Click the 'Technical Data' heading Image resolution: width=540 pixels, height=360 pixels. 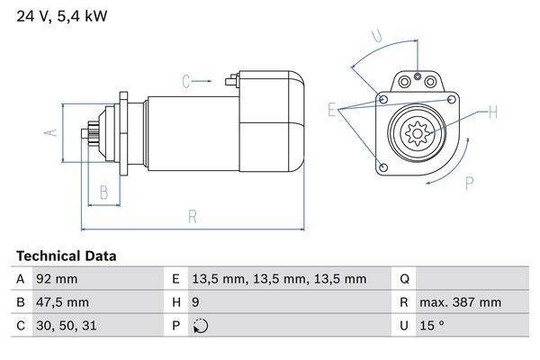click(66, 256)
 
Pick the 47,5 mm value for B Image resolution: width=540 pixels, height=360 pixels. click(61, 302)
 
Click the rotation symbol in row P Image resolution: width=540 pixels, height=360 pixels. click(201, 326)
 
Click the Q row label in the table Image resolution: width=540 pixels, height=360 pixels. click(404, 279)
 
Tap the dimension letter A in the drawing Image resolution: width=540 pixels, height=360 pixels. click(51, 134)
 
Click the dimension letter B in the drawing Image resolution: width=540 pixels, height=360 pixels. click(103, 192)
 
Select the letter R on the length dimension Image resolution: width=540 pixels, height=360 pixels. click(193, 216)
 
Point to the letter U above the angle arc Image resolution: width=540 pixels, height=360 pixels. click(378, 37)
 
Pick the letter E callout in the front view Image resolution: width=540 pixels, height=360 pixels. click(332, 110)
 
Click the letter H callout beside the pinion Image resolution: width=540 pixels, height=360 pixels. click(492, 112)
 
